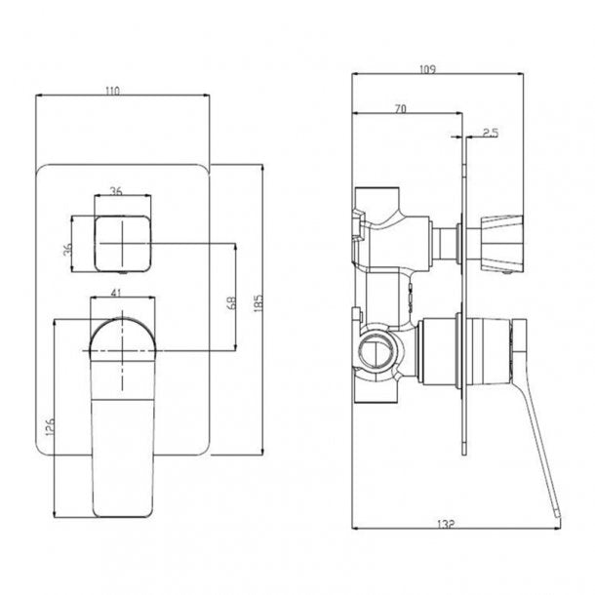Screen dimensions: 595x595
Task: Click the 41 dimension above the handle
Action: (x=118, y=292)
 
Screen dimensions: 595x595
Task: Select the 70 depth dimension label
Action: (x=400, y=108)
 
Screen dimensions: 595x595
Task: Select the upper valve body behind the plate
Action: (x=395, y=234)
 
